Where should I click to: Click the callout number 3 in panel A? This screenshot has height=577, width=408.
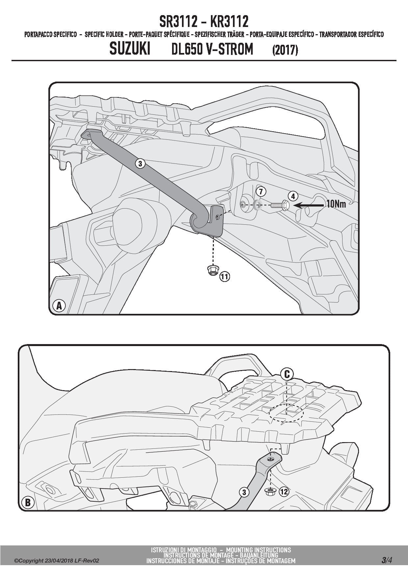140,163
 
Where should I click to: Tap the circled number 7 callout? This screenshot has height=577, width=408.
260,191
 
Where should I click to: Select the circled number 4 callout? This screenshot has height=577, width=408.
293,196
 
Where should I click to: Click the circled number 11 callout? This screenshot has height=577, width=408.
224,277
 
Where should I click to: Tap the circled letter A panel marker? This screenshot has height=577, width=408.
59,306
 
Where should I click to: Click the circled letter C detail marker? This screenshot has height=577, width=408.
287,374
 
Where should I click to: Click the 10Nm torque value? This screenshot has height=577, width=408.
336,204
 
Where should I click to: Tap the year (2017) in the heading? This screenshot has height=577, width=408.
285,50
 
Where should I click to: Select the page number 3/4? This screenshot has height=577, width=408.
387,560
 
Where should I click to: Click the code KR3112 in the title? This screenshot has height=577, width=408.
229,22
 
